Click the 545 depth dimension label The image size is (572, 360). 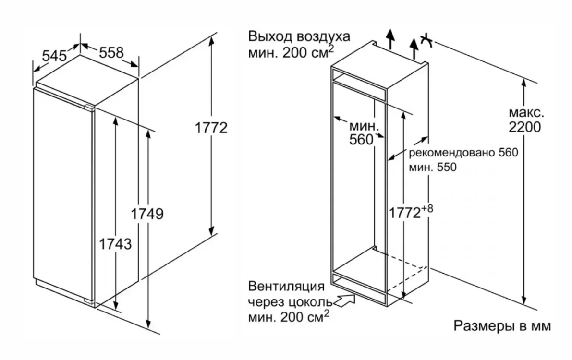[x=54, y=56]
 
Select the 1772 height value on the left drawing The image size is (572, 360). [x=211, y=128]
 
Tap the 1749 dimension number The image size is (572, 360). [x=147, y=214]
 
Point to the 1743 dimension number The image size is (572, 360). [x=115, y=244]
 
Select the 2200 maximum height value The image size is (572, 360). [x=524, y=127]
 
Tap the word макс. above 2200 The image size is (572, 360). [x=527, y=113]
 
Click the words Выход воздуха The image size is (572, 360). [x=299, y=37]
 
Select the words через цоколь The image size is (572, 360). [x=290, y=302]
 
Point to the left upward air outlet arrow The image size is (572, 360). [x=391, y=38]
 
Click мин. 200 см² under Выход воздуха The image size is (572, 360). [x=290, y=52]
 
